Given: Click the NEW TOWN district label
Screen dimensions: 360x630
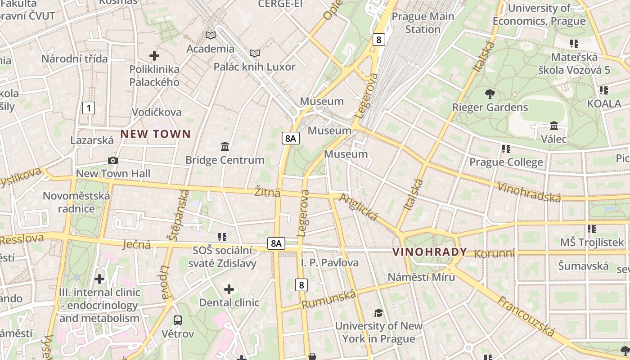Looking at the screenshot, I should [156, 134].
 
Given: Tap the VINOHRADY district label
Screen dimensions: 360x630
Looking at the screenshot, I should [430, 252].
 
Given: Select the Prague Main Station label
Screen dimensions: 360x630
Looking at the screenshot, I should [423, 23].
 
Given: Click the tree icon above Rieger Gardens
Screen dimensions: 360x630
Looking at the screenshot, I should [490, 94].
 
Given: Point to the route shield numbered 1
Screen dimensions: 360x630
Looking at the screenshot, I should [89, 108].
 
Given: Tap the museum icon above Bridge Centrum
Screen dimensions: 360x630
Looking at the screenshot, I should [225, 146].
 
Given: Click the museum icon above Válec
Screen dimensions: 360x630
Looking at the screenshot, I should [554, 126].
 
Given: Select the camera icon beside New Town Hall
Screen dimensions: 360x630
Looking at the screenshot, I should [113, 161].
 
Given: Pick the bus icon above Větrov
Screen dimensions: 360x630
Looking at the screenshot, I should [178, 320].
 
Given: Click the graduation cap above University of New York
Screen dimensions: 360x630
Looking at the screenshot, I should [378, 313].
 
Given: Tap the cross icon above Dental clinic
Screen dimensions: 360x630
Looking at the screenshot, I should [229, 289].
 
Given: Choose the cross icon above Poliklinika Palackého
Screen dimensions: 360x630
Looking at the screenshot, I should [154, 56].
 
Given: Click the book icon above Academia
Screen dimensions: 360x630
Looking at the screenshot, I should [210, 35].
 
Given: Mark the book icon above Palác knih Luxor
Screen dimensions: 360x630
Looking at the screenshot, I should [255, 54].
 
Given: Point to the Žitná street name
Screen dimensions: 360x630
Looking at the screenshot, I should [267, 192].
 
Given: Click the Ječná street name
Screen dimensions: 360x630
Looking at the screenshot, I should [136, 245].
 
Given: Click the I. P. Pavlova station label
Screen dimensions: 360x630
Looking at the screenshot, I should [329, 262].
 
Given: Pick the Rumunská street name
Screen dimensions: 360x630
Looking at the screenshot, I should [328, 299].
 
